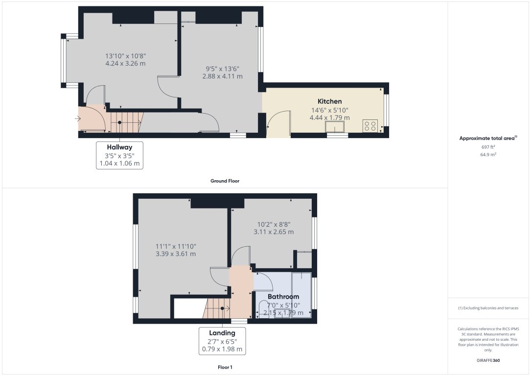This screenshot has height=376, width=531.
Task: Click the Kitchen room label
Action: click(329, 101)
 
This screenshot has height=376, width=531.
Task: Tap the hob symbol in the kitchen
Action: click(369, 126)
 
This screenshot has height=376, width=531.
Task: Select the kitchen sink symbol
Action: click(336, 127)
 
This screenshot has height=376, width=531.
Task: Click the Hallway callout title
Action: click(119, 147)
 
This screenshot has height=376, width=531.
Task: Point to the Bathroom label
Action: click(283, 297)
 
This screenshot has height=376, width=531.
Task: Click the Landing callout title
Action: click(223, 333)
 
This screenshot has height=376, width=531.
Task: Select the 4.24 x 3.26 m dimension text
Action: click(125, 64)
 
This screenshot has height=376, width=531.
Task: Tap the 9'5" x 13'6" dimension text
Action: click(223, 69)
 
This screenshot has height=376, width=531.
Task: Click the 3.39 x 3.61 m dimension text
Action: click(176, 254)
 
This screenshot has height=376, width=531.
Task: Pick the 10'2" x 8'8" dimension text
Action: click(274, 224)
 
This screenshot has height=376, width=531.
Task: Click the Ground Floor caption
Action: click(225, 181)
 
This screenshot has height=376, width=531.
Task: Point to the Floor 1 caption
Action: click(225, 367)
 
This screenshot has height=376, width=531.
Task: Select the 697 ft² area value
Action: click(488, 147)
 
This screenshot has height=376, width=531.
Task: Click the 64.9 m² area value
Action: click(488, 154)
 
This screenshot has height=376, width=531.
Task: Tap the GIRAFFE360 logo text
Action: click(488, 360)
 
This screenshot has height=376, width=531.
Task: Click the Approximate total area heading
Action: click(488, 139)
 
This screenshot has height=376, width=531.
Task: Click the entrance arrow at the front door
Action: click(78, 118)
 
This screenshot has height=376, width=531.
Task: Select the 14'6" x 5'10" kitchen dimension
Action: click(329, 110)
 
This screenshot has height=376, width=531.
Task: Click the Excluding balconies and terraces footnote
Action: click(488, 308)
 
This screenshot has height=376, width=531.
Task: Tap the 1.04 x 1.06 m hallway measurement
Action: click(119, 163)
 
